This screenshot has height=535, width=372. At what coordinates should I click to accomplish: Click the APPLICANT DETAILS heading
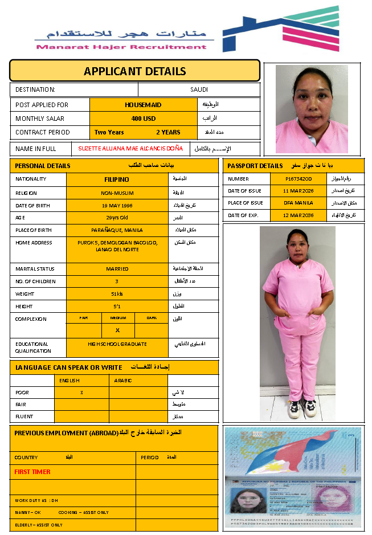[134, 71]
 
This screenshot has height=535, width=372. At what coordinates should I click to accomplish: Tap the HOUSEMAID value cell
[144, 105]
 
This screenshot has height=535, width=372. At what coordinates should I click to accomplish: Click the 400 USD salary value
[144, 119]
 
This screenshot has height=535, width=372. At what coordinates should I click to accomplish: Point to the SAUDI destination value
[199, 89]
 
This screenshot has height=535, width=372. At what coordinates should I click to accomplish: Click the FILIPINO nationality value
[117, 179]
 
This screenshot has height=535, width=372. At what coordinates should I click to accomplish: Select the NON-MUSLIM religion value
[117, 193]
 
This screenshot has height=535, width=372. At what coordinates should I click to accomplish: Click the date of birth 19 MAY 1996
[117, 206]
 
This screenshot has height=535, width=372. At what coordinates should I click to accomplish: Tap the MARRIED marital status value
[117, 269]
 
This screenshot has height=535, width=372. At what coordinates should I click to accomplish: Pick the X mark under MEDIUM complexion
[118, 330]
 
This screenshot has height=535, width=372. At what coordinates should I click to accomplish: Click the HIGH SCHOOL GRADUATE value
[117, 344]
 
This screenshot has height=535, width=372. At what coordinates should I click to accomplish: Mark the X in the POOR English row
[81, 393]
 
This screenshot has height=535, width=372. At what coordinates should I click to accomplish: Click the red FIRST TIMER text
[32, 472]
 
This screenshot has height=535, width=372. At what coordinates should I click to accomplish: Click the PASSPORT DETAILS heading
[255, 166]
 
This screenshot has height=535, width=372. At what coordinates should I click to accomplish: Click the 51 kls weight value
[117, 295]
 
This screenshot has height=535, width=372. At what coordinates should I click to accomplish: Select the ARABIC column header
[123, 381]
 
